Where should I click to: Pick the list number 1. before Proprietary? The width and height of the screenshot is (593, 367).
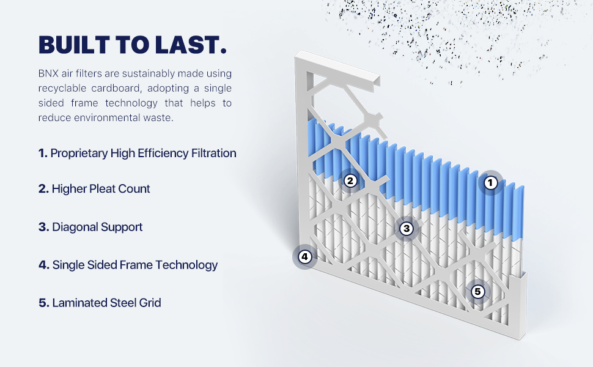pos(43,154)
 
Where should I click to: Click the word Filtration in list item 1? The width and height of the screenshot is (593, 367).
pos(214,154)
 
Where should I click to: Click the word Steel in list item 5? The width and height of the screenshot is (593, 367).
pos(123,303)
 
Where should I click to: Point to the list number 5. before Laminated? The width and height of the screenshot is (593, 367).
pos(44,303)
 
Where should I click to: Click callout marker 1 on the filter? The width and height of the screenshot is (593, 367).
pos(490,183)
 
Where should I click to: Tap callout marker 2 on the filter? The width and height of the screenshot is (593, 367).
pos(350,181)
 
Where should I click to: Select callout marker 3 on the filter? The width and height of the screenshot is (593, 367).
pos(407,229)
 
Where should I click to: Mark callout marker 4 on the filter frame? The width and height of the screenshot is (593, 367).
pos(304,257)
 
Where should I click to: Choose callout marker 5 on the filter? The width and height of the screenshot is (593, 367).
pos(477,292)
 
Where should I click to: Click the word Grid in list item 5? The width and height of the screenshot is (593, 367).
pos(150,303)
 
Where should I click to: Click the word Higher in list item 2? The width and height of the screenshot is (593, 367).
pos(69,189)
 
